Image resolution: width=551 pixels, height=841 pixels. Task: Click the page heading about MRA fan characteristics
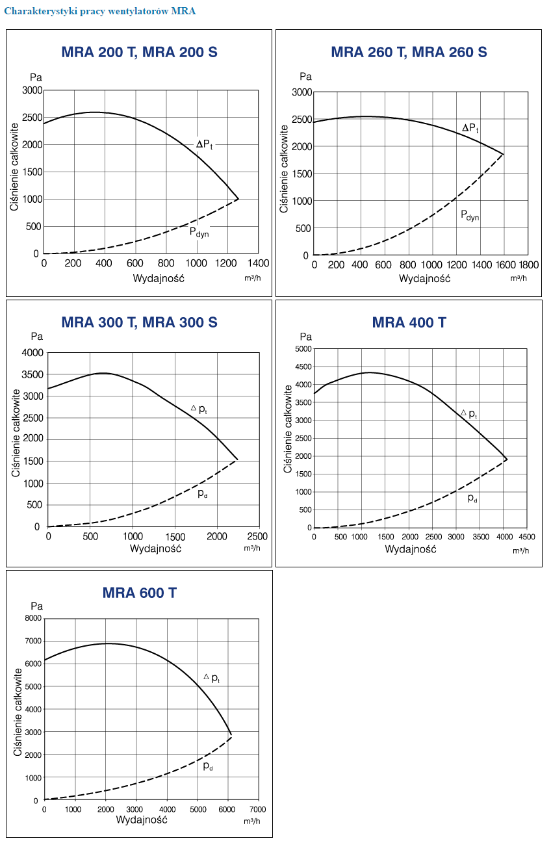click(x=99, y=11)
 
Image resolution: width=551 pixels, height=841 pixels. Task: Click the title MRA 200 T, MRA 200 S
click(x=139, y=53)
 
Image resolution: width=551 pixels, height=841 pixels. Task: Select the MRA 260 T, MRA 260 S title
click(x=409, y=52)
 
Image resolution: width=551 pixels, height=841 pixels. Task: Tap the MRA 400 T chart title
click(x=409, y=322)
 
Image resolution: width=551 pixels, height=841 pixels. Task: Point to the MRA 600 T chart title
click(x=139, y=593)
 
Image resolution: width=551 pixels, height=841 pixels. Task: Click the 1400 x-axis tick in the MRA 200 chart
click(x=258, y=263)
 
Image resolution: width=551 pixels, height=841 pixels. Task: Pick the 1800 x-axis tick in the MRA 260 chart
click(x=528, y=265)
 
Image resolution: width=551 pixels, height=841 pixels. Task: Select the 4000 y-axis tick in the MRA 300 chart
click(x=32, y=353)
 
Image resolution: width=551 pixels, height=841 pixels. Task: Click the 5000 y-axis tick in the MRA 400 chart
click(x=304, y=349)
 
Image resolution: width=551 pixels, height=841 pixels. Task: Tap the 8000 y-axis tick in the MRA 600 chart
click(x=32, y=618)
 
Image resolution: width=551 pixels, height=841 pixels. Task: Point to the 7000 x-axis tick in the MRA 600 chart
click(x=258, y=809)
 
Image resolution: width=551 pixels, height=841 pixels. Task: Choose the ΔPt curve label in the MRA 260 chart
click(x=470, y=129)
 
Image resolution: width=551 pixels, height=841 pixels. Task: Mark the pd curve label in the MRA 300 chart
click(x=202, y=493)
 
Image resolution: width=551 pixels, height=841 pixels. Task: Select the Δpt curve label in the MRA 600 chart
click(x=212, y=678)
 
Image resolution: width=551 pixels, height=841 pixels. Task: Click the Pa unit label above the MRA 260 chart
click(x=306, y=77)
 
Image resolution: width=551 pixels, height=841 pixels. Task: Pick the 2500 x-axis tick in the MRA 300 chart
click(x=258, y=537)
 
